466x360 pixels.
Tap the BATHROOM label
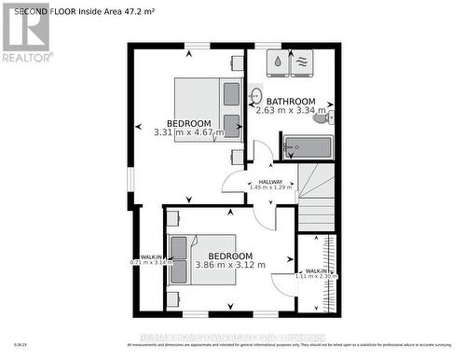[291, 101]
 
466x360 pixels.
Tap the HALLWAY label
[271, 181]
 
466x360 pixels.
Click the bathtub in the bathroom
[307, 146]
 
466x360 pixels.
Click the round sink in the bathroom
[255, 94]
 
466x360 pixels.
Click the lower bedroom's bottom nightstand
[173, 298]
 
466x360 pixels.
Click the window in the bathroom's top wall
[268, 44]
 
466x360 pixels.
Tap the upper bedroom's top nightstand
[238, 63]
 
